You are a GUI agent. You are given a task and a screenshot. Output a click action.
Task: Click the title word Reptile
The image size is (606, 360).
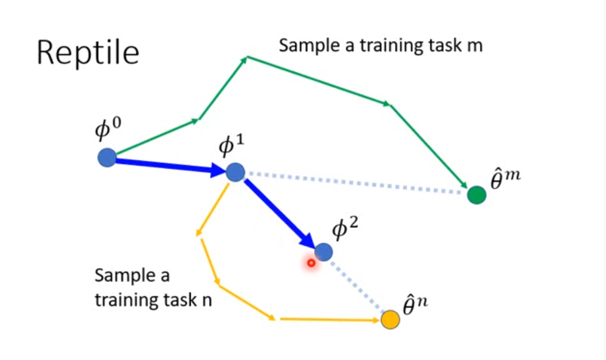[x=88, y=53]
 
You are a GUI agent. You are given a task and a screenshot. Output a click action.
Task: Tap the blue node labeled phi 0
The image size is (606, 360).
[x=106, y=157]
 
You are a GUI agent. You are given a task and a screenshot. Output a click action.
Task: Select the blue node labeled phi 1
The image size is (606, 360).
[x=235, y=172]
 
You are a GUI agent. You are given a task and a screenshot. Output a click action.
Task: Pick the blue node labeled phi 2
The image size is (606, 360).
[x=323, y=252]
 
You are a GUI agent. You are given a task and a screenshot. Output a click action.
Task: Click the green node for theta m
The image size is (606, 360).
[x=477, y=195]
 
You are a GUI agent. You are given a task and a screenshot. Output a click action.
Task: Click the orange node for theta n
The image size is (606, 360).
[x=390, y=320]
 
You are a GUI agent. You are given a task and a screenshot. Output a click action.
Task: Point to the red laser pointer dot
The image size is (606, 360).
[x=311, y=263]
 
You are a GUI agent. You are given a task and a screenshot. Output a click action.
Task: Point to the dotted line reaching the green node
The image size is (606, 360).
[x=357, y=183]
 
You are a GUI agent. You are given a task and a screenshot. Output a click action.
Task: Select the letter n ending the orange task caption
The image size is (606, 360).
[x=206, y=300]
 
